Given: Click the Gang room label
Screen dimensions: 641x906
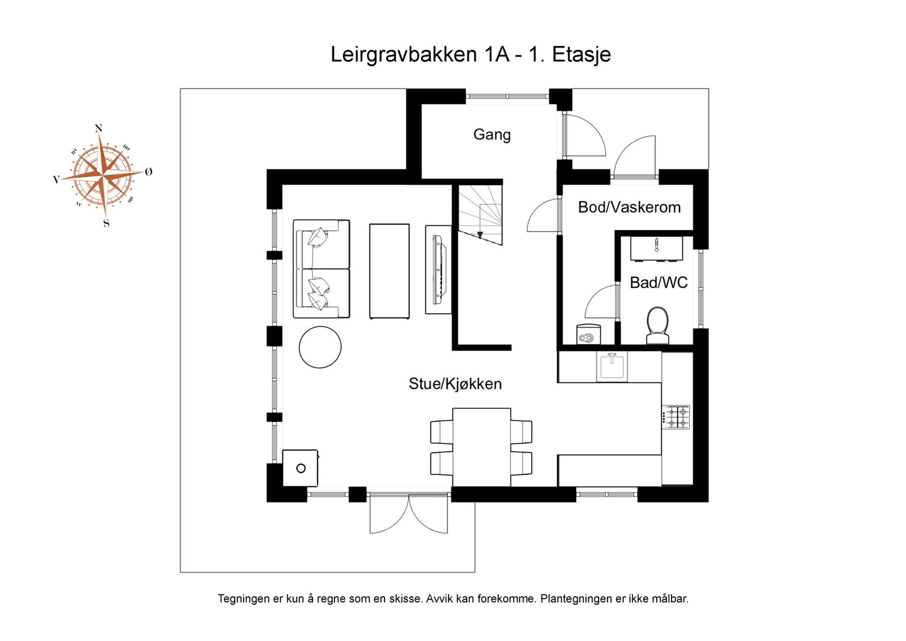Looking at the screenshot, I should pos(492,135).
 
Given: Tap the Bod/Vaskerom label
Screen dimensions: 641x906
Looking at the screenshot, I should pos(629,207).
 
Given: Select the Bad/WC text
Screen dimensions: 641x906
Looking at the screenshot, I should pos(659,283).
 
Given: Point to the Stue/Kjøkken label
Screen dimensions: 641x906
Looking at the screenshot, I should pos(455,384).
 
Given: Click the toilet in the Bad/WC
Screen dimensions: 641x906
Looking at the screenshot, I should pos(658,326).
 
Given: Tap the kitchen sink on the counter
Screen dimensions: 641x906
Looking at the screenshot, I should pos(612,366).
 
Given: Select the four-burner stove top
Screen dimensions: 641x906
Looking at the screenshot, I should pos(676,417).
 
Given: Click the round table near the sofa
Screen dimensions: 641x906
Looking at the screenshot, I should pos(320,348).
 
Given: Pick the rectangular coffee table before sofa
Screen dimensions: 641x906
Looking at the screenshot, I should pos(389,271).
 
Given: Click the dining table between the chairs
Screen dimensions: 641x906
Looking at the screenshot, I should pos(481,447).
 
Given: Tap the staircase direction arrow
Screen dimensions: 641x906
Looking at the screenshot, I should pos(480,234).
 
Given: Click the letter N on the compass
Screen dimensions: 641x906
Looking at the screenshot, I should pos(99,129).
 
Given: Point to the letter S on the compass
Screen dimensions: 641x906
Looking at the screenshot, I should pos(106,224).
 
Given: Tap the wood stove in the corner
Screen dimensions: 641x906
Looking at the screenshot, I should pos(300,468).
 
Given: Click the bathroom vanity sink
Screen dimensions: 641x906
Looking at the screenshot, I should pos(656,249).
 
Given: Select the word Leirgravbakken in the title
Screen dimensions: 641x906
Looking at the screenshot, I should pos(404,55).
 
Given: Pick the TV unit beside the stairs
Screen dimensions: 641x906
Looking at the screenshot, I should pos(438,270).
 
